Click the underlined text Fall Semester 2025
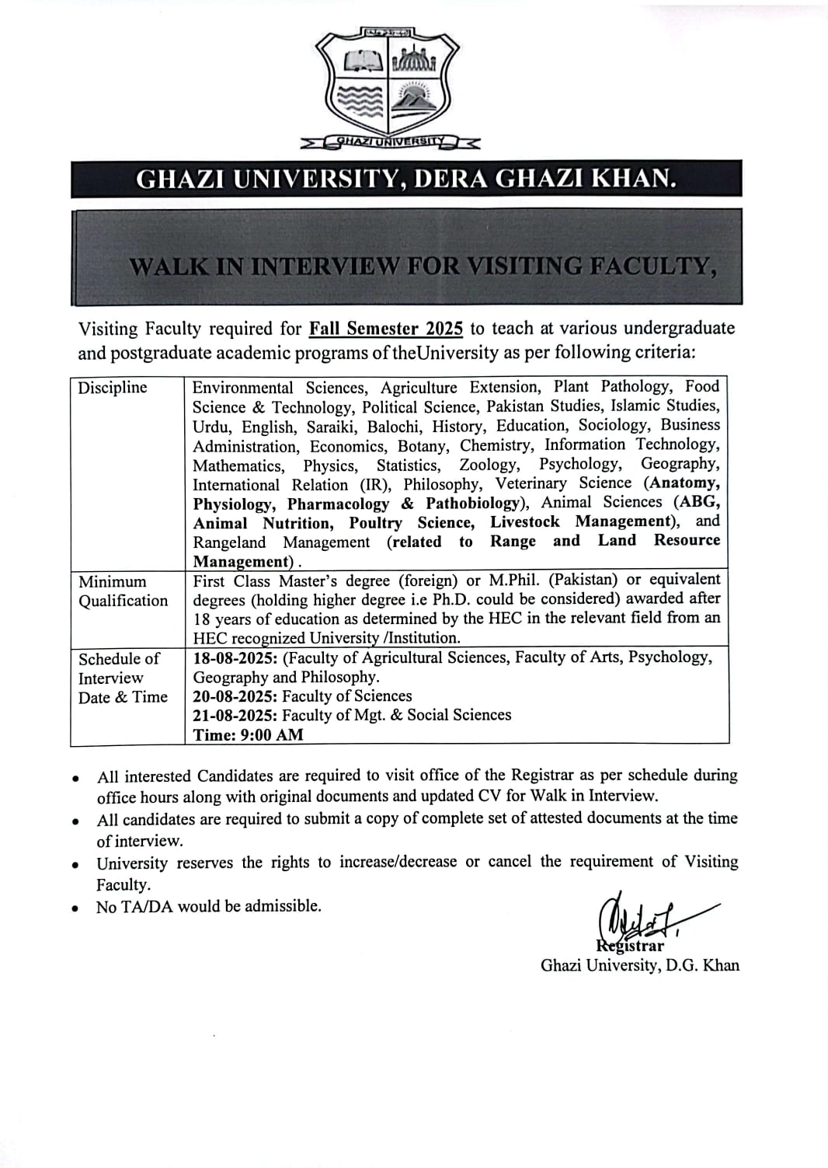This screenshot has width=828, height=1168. (385, 329)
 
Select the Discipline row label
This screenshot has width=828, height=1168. (112, 387)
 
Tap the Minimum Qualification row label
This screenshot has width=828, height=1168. (123, 591)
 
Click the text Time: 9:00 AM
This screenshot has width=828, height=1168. (248, 735)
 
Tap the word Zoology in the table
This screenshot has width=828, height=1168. (489, 465)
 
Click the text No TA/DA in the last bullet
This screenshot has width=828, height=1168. (134, 906)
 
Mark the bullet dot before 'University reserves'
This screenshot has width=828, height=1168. (75, 864)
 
